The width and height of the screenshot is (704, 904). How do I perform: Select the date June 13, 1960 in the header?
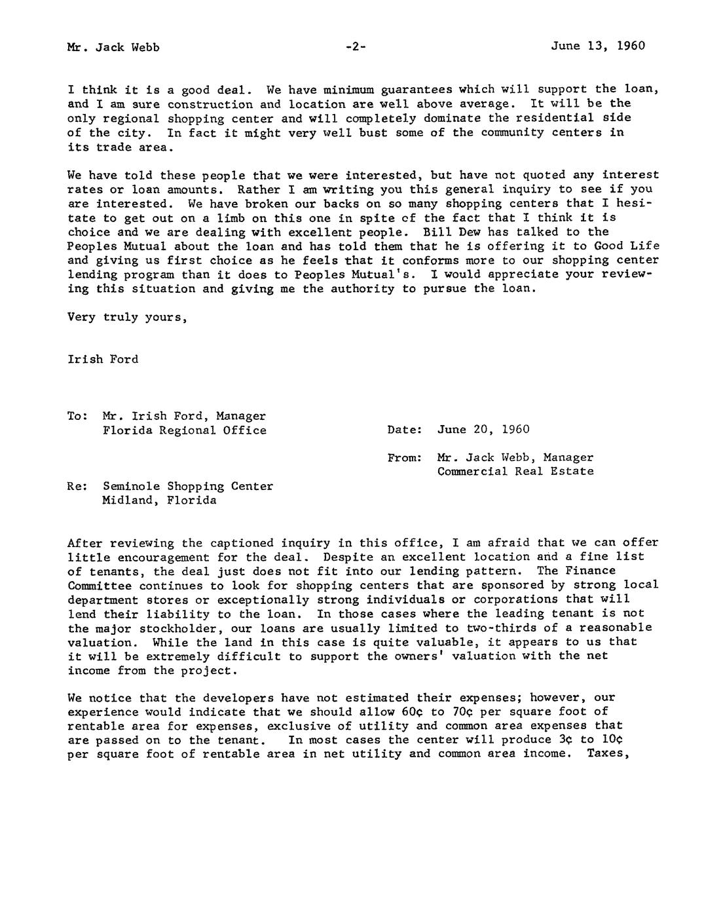pyautogui.click(x=598, y=46)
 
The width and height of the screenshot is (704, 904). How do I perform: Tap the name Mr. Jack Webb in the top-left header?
pyautogui.click(x=113, y=47)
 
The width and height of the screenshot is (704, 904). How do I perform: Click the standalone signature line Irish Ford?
pyautogui.click(x=103, y=360)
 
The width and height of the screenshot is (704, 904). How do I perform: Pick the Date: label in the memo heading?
pyautogui.click(x=404, y=430)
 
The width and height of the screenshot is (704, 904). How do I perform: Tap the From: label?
pyautogui.click(x=404, y=458)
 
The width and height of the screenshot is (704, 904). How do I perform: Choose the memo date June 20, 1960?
pyautogui.click(x=483, y=430)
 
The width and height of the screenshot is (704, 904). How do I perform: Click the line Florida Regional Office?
pyautogui.click(x=184, y=430)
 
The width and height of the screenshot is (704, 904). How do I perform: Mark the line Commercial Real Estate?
pyautogui.click(x=515, y=472)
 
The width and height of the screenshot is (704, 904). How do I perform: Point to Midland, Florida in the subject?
pyautogui.click(x=159, y=500)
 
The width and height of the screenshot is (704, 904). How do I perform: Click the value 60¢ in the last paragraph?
pyautogui.click(x=404, y=712)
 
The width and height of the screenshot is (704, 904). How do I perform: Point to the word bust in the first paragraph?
pyautogui.click(x=373, y=133)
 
